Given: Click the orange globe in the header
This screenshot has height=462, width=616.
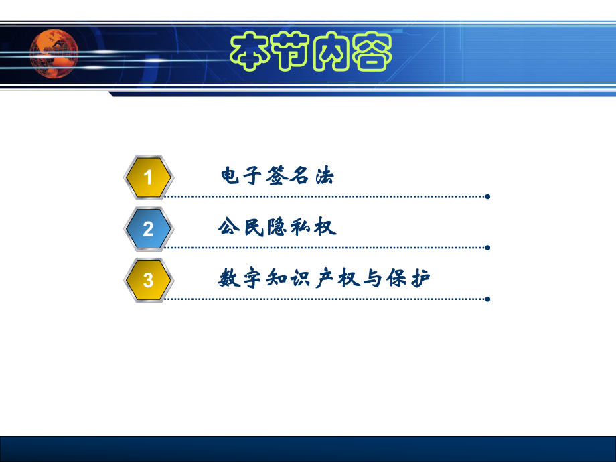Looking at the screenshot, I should pos(54,52).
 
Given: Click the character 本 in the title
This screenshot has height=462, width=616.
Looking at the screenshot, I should pos(253,51).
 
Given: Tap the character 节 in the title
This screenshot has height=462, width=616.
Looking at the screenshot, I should pos(291,51).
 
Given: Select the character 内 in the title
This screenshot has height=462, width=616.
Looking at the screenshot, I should pos(330,51).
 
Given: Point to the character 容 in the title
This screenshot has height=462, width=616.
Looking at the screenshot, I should pos(369,51).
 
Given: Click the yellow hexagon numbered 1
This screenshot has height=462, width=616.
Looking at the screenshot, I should pos(149,177).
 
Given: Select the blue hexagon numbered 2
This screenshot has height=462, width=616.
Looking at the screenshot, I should pos(149,229).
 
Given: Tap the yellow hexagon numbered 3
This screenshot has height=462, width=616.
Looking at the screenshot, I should pos(149,280).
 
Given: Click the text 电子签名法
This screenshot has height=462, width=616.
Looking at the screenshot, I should pos(277,177).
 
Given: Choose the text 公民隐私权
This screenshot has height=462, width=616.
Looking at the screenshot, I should pos(277,228).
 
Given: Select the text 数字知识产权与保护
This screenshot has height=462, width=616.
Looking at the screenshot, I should pos(324,279).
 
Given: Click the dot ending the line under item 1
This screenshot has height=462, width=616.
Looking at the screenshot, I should pos(487,197).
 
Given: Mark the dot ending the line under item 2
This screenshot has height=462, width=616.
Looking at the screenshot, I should pos(487,248).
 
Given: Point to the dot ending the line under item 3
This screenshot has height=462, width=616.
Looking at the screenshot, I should pos(487,299).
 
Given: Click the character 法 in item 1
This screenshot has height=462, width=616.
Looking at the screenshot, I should pos(323,177).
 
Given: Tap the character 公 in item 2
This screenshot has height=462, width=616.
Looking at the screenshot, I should pos(229,228).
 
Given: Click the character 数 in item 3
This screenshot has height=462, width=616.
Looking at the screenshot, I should pos(230,279).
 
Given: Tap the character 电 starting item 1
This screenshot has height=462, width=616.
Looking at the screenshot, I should pos(230,177).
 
